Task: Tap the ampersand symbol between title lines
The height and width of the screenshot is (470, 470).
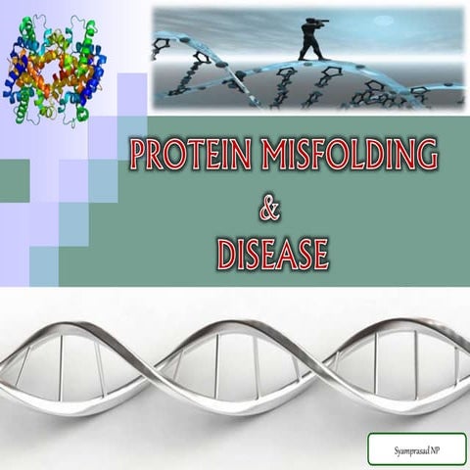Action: point(271,207)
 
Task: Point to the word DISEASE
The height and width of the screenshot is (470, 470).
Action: point(271,253)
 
